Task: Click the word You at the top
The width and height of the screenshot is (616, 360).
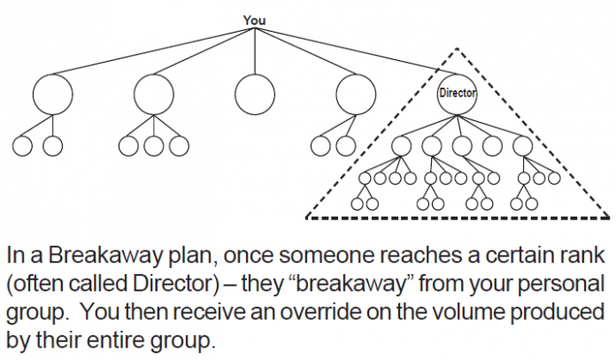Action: click(x=254, y=19)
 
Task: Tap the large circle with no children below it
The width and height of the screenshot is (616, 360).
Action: click(x=255, y=93)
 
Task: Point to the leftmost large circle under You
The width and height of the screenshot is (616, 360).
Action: click(x=52, y=93)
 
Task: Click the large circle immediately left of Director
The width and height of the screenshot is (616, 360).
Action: click(x=357, y=93)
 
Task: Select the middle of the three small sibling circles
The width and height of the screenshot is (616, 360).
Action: click(x=154, y=145)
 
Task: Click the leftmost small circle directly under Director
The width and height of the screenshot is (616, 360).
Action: click(x=401, y=145)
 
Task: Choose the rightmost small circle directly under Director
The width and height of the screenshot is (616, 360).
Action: click(x=521, y=145)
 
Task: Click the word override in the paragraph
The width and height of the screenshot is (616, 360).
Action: click(x=354, y=315)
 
